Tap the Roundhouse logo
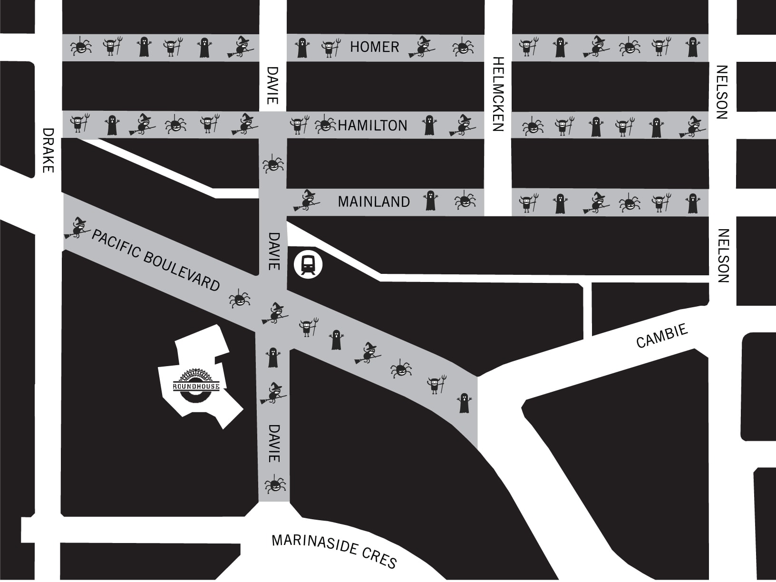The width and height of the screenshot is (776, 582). [x=196, y=382]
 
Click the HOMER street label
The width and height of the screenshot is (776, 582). [x=374, y=47]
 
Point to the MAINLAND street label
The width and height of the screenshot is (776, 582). [x=374, y=202]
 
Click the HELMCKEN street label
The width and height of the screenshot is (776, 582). [x=498, y=94]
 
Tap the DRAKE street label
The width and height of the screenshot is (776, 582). [x=48, y=150]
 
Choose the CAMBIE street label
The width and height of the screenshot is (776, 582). [x=662, y=336]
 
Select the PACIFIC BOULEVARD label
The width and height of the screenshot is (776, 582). [x=156, y=260]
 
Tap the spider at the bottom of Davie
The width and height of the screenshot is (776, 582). [x=274, y=485]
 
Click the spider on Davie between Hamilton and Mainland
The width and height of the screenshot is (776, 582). [x=273, y=165]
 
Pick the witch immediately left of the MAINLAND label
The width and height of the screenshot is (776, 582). [x=307, y=200]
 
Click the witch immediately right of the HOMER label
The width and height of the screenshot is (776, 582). [x=421, y=48]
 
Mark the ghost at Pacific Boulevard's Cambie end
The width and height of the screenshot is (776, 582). [x=464, y=403]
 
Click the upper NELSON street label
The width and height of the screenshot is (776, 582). [x=722, y=92]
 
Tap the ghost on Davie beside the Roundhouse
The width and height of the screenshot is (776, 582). [x=272, y=358]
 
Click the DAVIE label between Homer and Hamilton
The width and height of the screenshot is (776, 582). [x=272, y=86]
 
